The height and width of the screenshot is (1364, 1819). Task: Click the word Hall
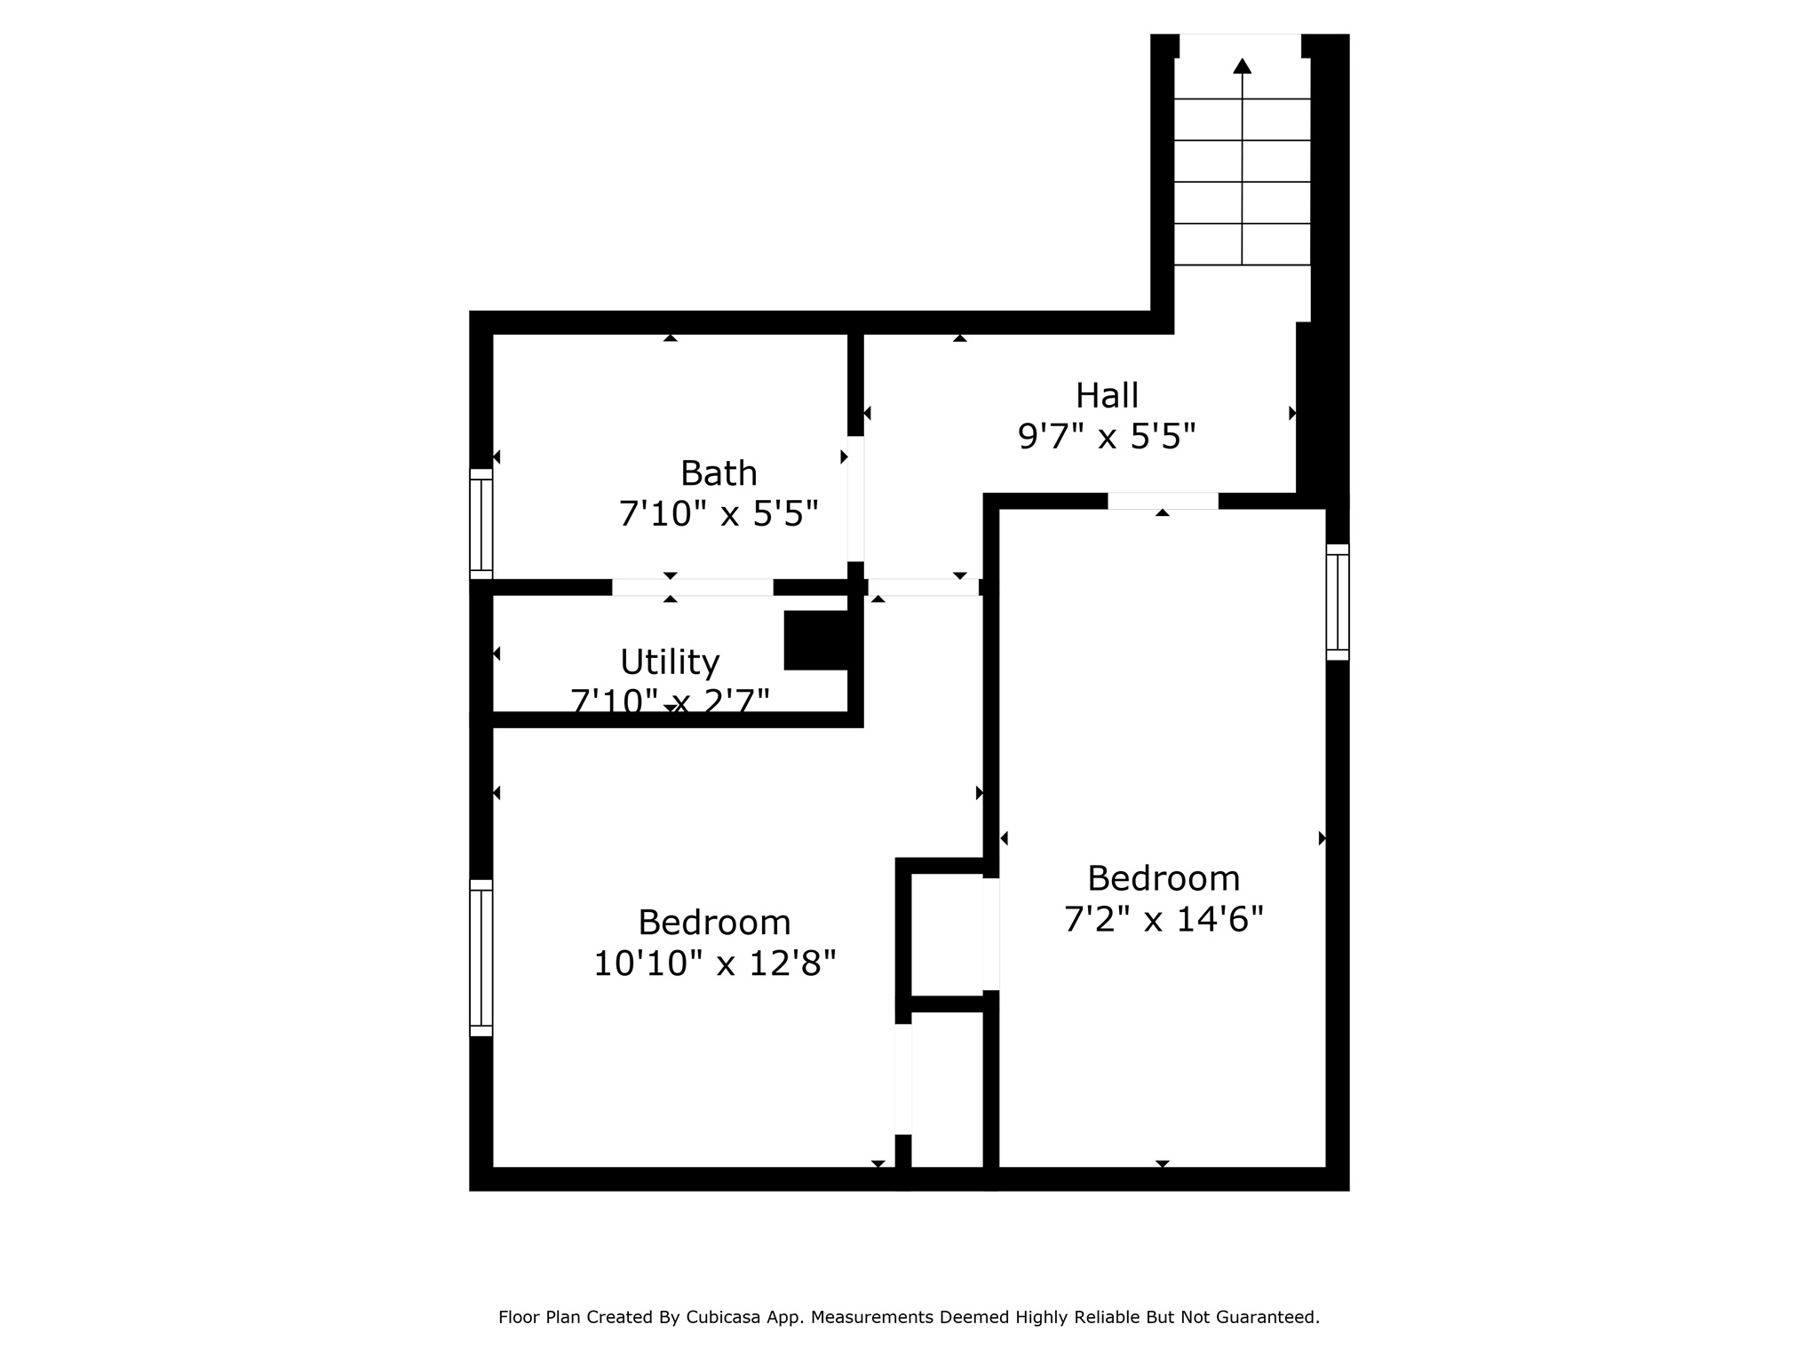point(1107,396)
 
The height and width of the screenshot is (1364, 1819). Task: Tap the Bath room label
point(719,473)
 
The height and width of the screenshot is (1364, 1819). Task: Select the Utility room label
point(670,662)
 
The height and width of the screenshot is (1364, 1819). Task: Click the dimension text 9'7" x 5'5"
point(1107,437)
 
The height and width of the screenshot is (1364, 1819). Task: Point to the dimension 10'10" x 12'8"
point(714,964)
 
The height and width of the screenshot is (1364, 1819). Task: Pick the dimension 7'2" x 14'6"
point(1164,920)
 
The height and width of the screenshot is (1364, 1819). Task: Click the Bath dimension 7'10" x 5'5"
point(719,514)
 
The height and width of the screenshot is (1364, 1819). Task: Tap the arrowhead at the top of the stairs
point(1242,66)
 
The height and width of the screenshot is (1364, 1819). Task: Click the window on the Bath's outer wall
point(481,524)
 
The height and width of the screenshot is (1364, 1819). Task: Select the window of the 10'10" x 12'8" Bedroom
point(481,957)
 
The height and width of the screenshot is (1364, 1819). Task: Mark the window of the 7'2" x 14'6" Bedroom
point(1338,602)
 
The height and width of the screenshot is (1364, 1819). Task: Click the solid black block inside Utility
point(816,640)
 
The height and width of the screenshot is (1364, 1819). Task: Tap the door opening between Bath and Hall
point(855,498)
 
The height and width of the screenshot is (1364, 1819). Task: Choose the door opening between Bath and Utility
point(692,587)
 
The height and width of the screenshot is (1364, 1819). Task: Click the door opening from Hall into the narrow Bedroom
point(1163,501)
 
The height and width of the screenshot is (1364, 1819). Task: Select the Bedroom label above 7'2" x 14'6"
point(1164,879)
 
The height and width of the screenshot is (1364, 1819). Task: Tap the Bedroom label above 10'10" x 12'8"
point(714,923)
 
